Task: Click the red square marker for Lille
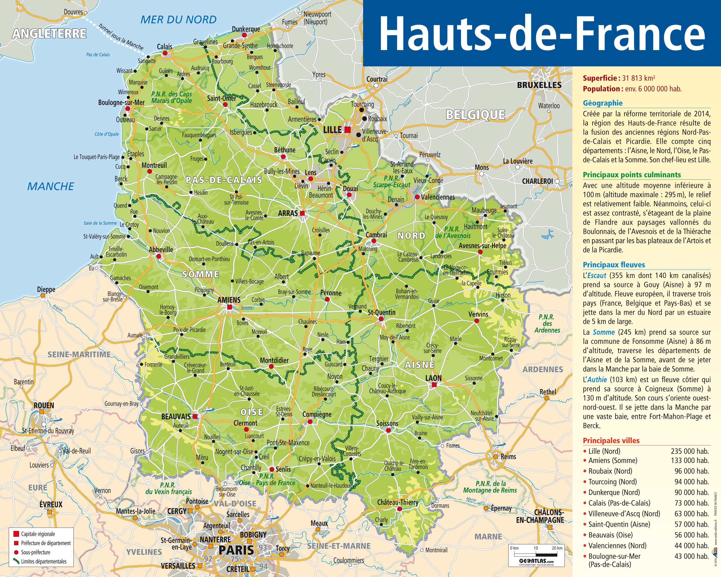[x=348, y=129]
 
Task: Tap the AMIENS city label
[x=229, y=300]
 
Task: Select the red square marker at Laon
[x=434, y=385]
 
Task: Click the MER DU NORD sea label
[x=178, y=20]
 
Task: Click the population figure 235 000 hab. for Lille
[x=689, y=451]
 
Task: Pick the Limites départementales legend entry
[x=43, y=562]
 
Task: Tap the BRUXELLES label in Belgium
[x=539, y=85]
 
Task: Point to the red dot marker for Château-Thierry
[x=399, y=509]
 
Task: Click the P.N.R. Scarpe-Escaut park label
[x=392, y=182]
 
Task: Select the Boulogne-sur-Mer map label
[x=121, y=102]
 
